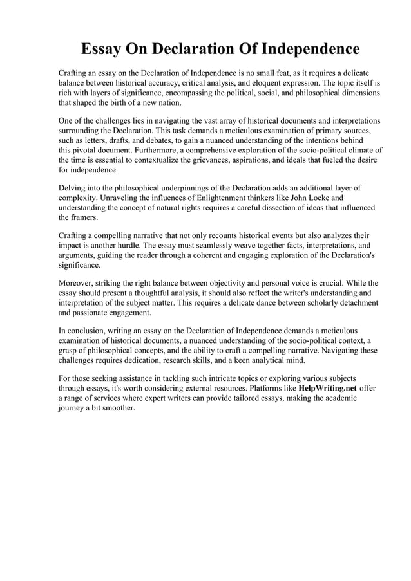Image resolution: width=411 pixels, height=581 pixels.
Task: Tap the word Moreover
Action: tap(78, 282)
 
